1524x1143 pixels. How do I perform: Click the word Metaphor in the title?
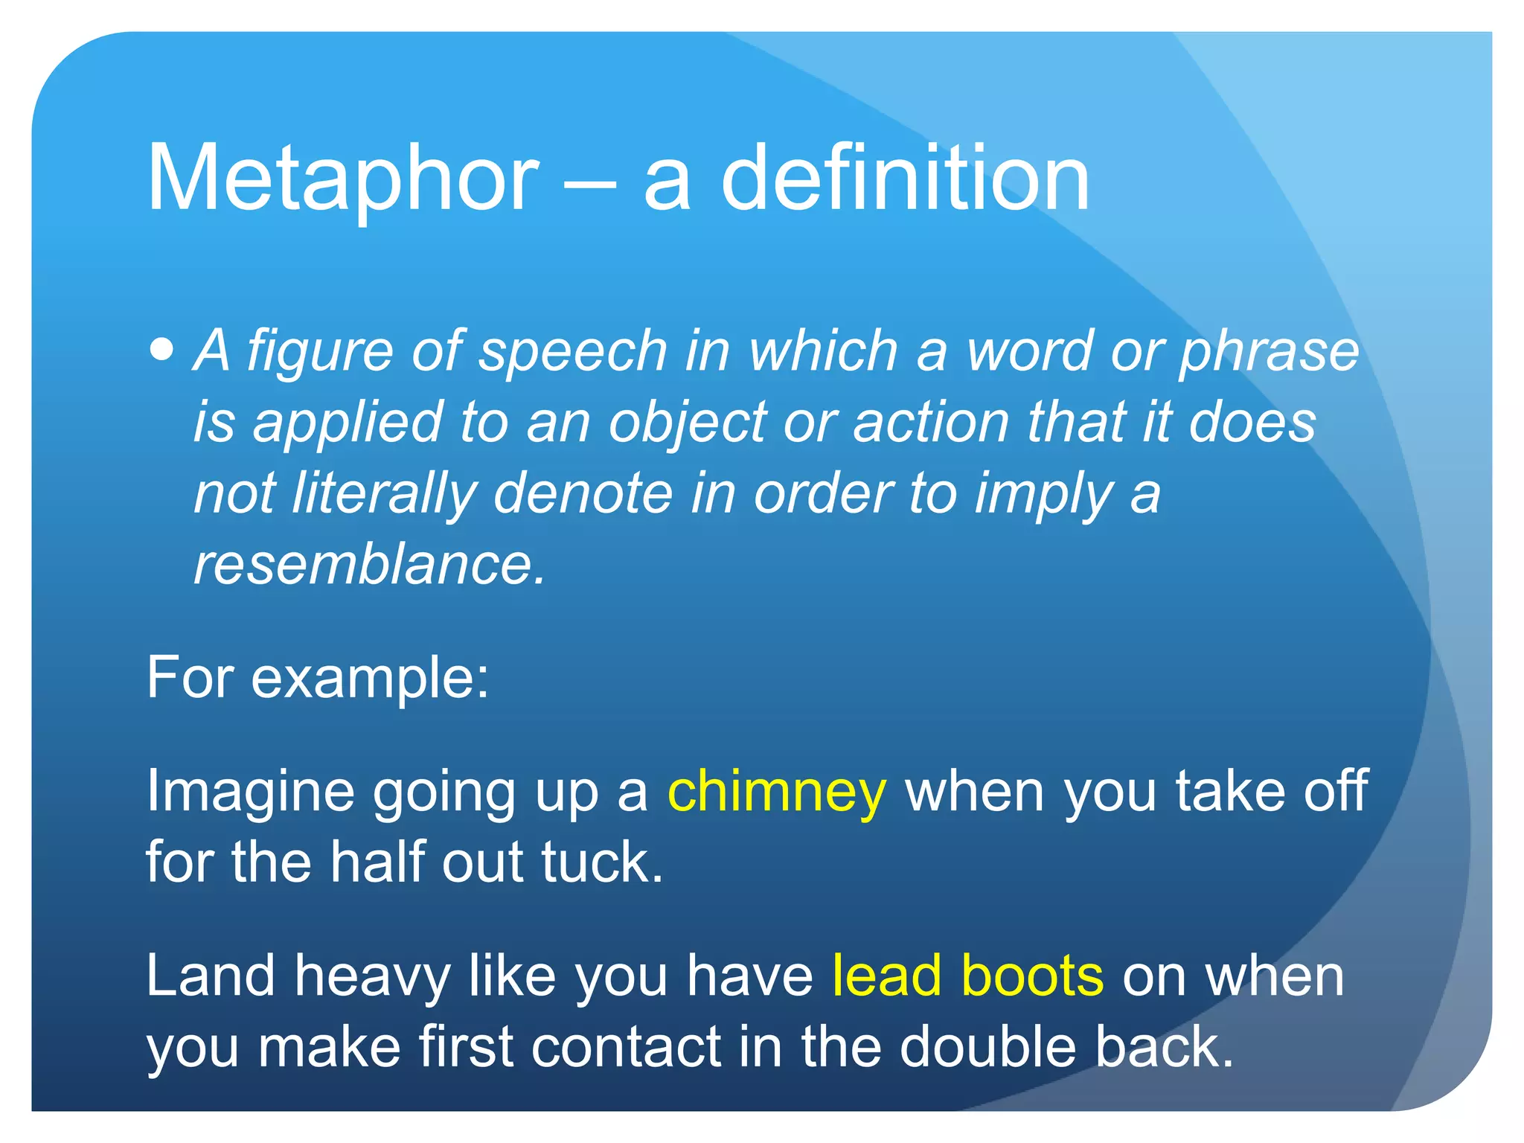tap(343, 179)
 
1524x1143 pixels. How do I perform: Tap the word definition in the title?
tap(905, 179)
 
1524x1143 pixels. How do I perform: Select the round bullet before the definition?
tap(161, 349)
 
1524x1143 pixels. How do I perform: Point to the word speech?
tap(573, 351)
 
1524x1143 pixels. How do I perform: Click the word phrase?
tap(1270, 351)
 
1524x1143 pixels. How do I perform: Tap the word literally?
tap(384, 494)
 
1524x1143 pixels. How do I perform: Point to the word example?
tap(370, 679)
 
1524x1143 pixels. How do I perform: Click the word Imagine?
tap(250, 792)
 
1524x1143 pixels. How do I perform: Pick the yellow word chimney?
tap(777, 792)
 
